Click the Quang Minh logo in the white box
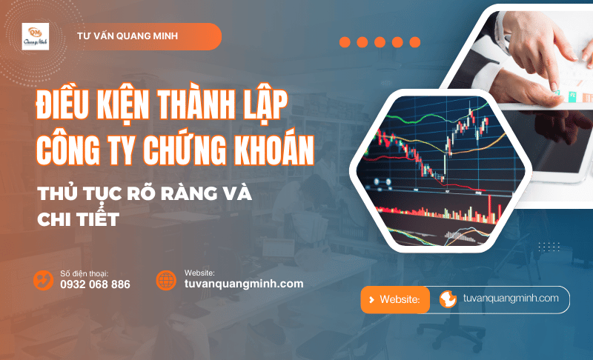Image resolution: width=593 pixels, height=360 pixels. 36,36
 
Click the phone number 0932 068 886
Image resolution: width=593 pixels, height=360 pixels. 95,284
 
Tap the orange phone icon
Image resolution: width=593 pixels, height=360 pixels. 43,280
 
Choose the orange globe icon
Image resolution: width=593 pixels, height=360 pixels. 166,280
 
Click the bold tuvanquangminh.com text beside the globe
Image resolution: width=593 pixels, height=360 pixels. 244,284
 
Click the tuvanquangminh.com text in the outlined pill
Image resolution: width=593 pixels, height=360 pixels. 510,299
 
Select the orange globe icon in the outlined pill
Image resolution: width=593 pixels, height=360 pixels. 448,299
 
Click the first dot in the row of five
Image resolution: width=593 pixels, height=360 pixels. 345,42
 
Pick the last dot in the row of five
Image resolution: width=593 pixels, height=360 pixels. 414,42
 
